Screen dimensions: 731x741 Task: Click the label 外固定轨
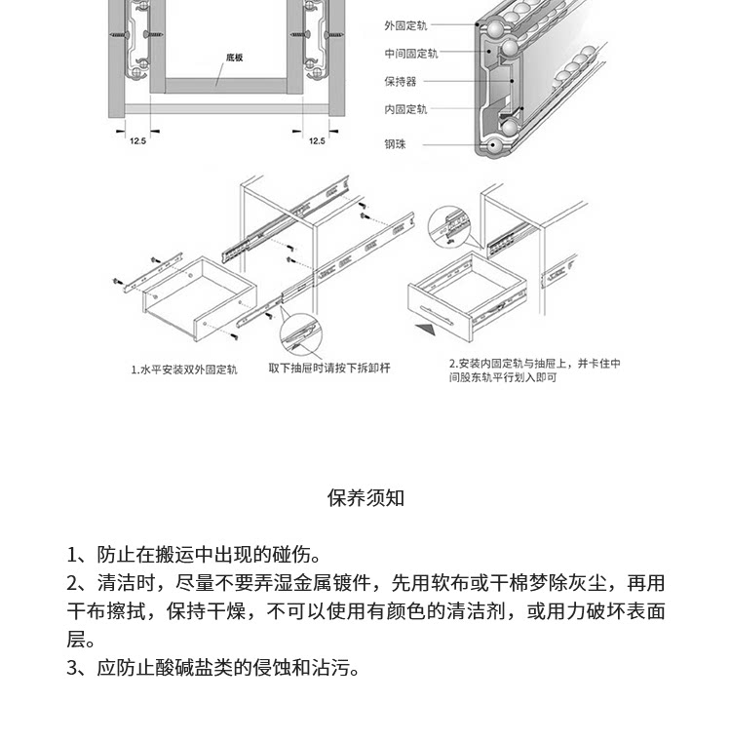(x=405, y=25)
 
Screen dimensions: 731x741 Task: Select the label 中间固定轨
(x=410, y=54)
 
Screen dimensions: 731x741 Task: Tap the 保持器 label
(x=401, y=82)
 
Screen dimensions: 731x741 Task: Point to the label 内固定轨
(x=405, y=110)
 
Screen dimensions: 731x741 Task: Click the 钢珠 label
(x=396, y=144)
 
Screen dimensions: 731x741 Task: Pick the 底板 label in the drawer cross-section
(x=234, y=58)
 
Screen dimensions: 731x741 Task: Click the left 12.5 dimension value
(x=137, y=141)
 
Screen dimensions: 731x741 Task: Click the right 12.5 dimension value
(x=317, y=141)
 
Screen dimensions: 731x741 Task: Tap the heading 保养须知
(x=365, y=498)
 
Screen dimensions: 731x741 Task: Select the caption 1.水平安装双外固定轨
(x=184, y=370)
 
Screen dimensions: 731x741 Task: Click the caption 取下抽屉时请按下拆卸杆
(x=329, y=368)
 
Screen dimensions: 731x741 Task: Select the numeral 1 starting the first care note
(x=72, y=555)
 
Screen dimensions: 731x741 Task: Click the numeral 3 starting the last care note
(x=72, y=669)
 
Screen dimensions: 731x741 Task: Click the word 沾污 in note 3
(x=330, y=669)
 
